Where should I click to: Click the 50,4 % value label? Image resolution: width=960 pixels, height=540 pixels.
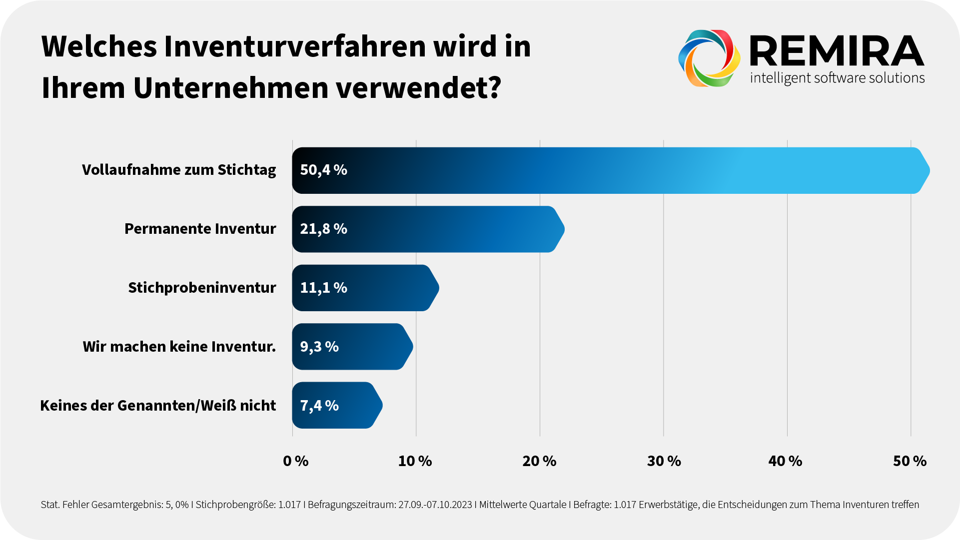(x=323, y=170)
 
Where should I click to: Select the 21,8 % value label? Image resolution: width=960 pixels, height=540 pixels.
(x=323, y=229)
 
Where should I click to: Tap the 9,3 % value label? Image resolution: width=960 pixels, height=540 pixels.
(x=319, y=347)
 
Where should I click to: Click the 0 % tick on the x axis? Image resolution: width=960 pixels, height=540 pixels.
(x=295, y=461)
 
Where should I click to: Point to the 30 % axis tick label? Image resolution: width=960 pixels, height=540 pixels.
(x=664, y=461)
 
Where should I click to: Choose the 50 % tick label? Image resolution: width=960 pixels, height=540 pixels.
(x=910, y=461)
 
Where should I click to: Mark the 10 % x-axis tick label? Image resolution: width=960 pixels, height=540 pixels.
(x=415, y=461)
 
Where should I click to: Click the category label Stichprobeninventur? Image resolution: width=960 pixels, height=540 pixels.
(x=202, y=288)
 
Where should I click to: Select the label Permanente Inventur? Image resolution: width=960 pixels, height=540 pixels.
(x=200, y=229)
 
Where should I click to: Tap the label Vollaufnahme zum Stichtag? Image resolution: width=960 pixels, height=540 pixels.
(x=179, y=170)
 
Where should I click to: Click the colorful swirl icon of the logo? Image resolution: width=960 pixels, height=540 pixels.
(x=709, y=58)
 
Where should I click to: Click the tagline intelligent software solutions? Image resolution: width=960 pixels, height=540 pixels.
(x=837, y=78)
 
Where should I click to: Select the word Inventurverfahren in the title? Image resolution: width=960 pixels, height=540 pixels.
(x=294, y=46)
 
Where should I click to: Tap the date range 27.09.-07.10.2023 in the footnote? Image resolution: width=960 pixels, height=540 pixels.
(x=435, y=505)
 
